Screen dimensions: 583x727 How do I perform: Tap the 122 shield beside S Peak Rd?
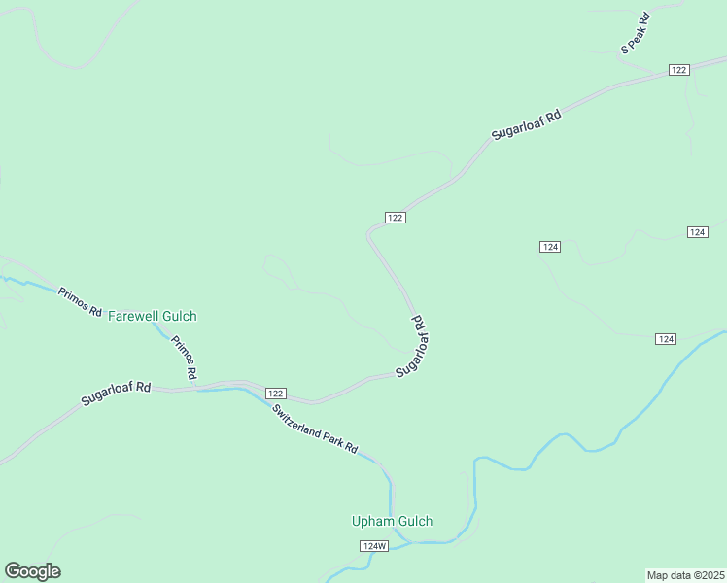(x=678, y=70)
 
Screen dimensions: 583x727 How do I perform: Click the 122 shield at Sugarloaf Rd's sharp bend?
(x=395, y=218)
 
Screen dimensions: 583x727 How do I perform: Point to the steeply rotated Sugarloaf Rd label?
(x=414, y=346)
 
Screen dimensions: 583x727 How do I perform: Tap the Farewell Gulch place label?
(x=153, y=316)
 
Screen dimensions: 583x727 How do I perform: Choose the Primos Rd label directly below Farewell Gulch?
(x=185, y=358)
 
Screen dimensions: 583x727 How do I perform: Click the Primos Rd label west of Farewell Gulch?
(x=80, y=302)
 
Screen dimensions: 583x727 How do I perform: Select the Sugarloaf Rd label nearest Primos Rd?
(x=116, y=394)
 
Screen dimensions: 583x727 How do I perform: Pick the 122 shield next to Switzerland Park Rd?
(x=275, y=391)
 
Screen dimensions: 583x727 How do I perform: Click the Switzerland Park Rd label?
(x=315, y=430)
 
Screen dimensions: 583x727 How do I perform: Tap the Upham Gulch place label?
(x=392, y=521)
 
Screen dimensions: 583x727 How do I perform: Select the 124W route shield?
(x=374, y=546)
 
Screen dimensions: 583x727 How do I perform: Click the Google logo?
(x=32, y=571)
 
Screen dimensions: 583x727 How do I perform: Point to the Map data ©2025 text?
(x=685, y=575)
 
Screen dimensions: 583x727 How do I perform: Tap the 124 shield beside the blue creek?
(x=665, y=338)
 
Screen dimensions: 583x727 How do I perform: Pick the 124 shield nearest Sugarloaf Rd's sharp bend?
(x=550, y=247)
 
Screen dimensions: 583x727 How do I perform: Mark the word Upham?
(x=372, y=521)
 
